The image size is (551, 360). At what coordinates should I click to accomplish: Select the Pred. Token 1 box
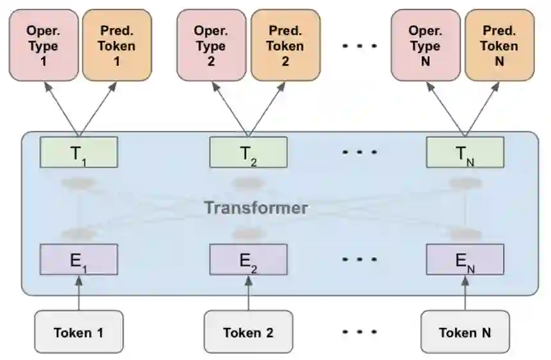(117, 45)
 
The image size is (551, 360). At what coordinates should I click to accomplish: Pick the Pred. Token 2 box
(285, 45)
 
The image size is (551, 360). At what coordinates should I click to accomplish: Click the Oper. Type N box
(425, 45)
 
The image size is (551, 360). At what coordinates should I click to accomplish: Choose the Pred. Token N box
(499, 45)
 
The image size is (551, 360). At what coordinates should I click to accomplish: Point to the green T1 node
(78, 152)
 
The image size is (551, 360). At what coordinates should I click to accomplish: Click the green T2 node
(248, 152)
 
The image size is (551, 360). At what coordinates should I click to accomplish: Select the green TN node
(465, 152)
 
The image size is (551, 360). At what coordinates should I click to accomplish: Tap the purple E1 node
(78, 259)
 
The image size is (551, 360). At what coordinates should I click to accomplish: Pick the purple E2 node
(248, 259)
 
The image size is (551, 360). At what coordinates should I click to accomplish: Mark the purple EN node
(465, 259)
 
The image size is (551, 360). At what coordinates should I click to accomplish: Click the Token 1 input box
(78, 332)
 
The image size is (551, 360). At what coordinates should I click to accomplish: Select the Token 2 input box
(248, 332)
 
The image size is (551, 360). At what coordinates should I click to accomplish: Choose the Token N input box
(465, 332)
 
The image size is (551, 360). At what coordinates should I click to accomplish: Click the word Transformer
(256, 208)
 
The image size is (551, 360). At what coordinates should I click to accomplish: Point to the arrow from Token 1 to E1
(78, 293)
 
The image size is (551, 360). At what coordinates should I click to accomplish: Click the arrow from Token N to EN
(465, 293)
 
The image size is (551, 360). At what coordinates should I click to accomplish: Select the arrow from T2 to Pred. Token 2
(266, 108)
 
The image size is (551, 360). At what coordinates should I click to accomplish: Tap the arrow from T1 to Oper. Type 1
(62, 108)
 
